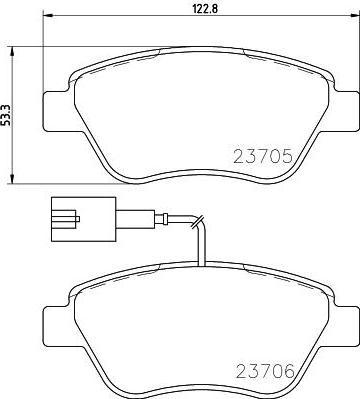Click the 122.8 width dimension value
[205, 9]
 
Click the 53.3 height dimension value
[6, 115]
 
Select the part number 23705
[263, 156]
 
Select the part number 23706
[266, 371]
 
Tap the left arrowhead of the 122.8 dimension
[49, 15]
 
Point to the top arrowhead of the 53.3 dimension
[12, 52]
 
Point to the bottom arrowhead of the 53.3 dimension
[12, 178]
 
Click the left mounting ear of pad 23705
[57, 111]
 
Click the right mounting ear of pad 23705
[346, 110]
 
